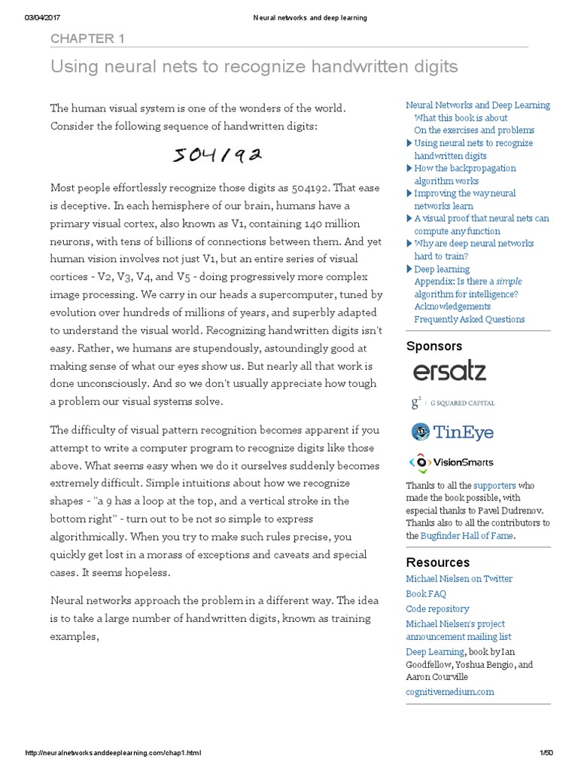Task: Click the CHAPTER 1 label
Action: click(x=87, y=38)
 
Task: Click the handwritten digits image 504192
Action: click(x=218, y=155)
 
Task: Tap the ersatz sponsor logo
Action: click(x=449, y=371)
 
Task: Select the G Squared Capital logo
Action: click(x=452, y=403)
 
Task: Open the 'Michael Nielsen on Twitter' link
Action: click(x=459, y=578)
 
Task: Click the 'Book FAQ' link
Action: click(x=426, y=593)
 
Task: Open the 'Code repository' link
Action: click(x=437, y=608)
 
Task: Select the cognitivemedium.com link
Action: click(x=450, y=691)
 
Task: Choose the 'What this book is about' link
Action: click(x=461, y=117)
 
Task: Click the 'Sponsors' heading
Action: click(x=434, y=346)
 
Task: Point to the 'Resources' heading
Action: click(x=437, y=562)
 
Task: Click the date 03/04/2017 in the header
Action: click(x=43, y=18)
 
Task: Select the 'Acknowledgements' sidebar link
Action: click(x=452, y=306)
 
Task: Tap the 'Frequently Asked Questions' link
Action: click(x=470, y=319)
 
